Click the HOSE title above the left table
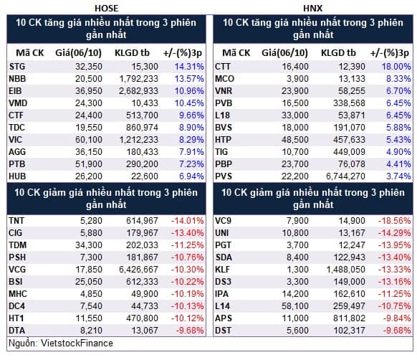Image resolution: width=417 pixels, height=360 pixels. point(106,9)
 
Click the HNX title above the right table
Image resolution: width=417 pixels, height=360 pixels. point(312,9)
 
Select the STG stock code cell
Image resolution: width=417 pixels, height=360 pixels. point(17,67)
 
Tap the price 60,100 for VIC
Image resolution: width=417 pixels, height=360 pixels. point(89,140)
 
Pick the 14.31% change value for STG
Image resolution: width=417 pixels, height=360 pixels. point(189,67)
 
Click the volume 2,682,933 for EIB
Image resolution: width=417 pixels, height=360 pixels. point(138,91)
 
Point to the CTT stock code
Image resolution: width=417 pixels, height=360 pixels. point(223,67)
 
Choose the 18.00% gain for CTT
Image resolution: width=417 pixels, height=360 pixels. point(396,67)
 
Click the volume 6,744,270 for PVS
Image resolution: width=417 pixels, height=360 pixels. point(345,176)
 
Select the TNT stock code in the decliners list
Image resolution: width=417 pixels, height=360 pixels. point(16,221)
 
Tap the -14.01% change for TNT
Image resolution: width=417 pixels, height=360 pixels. point(188,221)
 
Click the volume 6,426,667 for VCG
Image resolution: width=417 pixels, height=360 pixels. point(138,270)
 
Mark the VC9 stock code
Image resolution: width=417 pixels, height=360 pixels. point(223,221)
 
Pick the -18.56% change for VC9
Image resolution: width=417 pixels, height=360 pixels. point(394,221)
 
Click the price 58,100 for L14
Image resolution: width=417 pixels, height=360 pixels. point(295,306)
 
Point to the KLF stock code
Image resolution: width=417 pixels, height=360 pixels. point(222,270)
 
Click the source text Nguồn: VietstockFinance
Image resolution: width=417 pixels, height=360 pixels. point(61,344)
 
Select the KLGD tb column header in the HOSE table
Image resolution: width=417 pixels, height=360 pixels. point(132,53)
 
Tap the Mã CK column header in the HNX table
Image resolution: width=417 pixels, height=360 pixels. point(236,53)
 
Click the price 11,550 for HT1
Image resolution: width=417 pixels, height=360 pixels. point(89,318)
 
